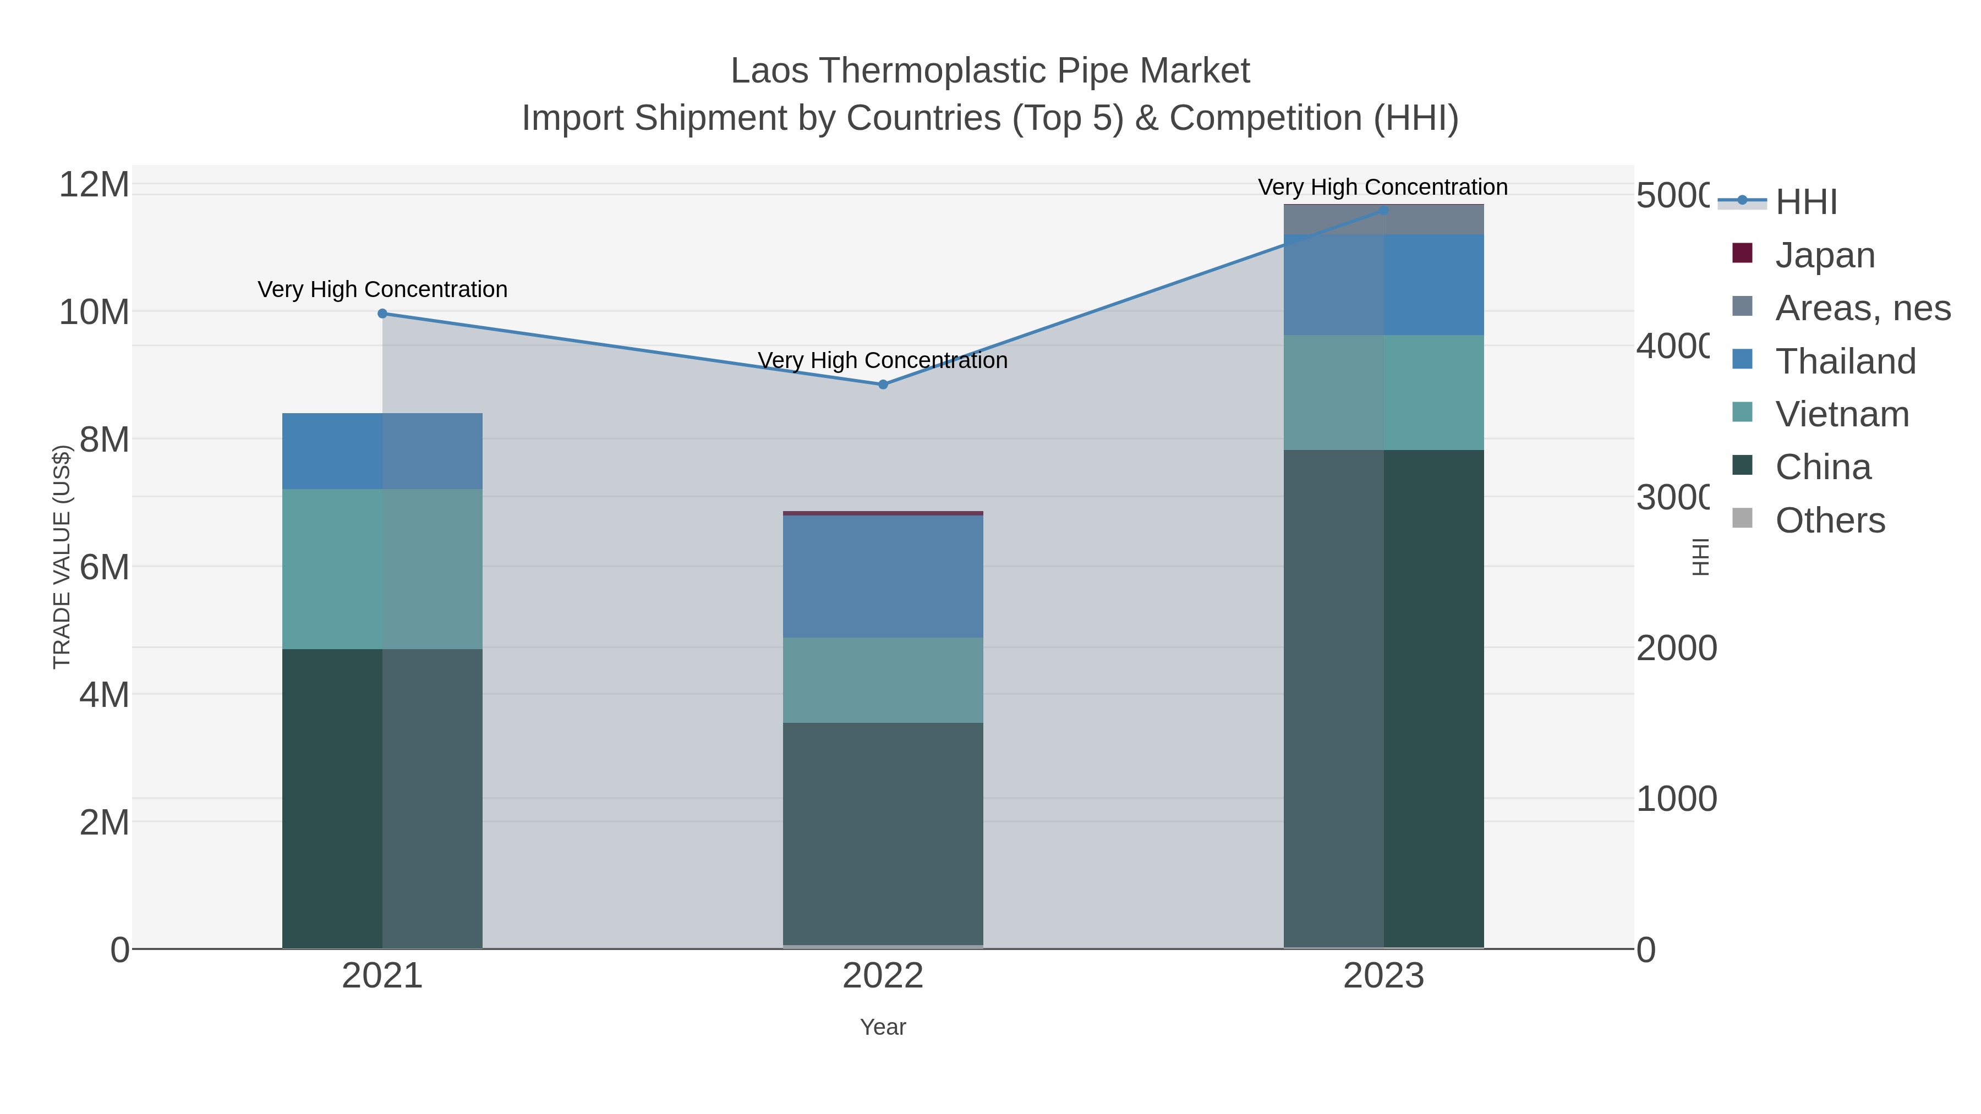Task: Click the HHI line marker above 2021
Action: pos(382,314)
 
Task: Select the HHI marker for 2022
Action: pos(883,385)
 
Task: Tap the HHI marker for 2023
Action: pos(1383,211)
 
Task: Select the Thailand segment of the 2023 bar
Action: pos(1383,285)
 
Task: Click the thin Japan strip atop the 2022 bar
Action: pos(883,513)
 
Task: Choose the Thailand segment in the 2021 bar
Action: pos(382,451)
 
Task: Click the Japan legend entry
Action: pos(1824,255)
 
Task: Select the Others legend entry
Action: pos(1830,520)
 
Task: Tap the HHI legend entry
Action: pos(1805,202)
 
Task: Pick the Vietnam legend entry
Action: pos(1842,414)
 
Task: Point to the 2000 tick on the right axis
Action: pos(1676,648)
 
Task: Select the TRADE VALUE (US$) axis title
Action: pos(62,557)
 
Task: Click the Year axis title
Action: pos(883,1027)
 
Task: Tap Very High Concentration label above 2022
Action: pos(883,360)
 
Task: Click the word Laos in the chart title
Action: pos(770,71)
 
